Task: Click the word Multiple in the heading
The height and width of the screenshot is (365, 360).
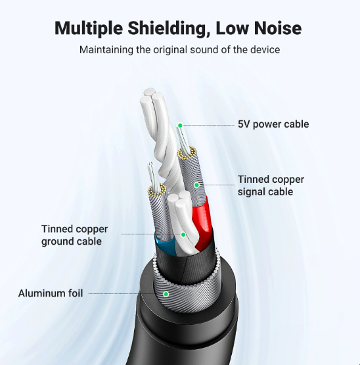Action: coord(89,28)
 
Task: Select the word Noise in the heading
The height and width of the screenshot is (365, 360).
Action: coord(278,28)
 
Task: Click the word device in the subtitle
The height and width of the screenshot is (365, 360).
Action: coord(265,49)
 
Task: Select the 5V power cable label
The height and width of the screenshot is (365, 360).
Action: coord(273,124)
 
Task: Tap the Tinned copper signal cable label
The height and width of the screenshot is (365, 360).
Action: coord(271,185)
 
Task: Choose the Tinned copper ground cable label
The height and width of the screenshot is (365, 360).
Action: coord(74,235)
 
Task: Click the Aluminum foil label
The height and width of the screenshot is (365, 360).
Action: coord(51,293)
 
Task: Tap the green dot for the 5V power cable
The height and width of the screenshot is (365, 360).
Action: coord(180,126)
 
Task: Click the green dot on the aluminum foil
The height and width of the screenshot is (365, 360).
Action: coord(166,294)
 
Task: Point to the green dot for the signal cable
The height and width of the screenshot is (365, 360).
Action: coord(196,185)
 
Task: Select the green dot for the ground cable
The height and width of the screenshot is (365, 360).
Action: coord(183,235)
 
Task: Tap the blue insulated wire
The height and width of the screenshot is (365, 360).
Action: coord(166,245)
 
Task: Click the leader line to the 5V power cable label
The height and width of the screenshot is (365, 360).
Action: coord(209,125)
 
